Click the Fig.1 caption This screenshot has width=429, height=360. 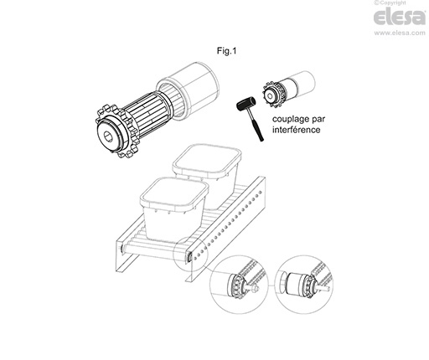tap(226, 51)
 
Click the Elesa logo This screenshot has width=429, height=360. tap(400, 18)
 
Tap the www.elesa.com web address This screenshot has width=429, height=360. tap(400, 33)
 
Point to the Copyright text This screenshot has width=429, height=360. tap(390, 3)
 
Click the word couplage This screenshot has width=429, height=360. tap(291, 120)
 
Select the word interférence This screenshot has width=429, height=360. tap(297, 130)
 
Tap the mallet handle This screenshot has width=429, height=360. tap(256, 126)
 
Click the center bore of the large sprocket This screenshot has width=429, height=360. tap(108, 136)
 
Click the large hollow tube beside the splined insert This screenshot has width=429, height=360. tap(188, 90)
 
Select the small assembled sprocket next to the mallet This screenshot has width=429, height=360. tap(272, 95)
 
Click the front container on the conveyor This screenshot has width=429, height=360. tap(173, 208)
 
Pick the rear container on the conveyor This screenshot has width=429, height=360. tap(207, 173)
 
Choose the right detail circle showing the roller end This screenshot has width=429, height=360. tap(303, 282)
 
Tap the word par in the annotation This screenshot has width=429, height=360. tap(318, 120)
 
